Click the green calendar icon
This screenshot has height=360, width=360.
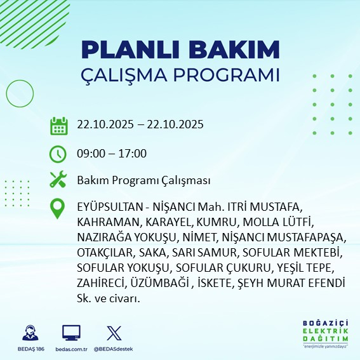[x=58, y=126]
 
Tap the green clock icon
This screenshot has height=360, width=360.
[x=58, y=154]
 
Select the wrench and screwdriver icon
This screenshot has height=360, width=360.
[x=58, y=180]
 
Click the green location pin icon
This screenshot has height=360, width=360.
[x=58, y=209]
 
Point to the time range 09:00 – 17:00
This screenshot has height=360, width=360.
[x=112, y=154]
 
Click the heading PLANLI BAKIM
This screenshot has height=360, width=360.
[x=180, y=49]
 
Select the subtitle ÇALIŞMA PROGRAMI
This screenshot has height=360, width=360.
[x=180, y=74]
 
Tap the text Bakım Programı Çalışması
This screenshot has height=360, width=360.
[x=143, y=181]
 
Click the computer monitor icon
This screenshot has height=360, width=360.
[x=71, y=332]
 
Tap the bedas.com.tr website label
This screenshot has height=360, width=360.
[x=71, y=349]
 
